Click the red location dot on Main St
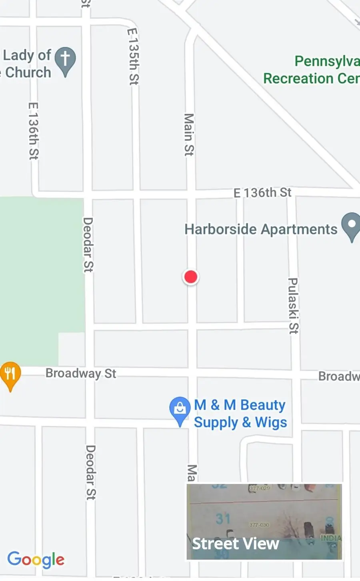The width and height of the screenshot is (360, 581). click(x=191, y=277)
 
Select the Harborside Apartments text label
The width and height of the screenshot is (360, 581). click(x=261, y=229)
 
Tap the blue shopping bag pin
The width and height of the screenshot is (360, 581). click(x=180, y=409)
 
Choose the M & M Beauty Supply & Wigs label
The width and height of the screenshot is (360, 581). click(x=240, y=414)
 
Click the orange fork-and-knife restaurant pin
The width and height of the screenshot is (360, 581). click(x=10, y=375)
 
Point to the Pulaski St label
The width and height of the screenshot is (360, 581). click(x=293, y=306)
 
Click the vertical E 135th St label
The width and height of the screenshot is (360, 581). click(x=133, y=56)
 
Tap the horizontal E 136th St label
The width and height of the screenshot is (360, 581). click(x=262, y=193)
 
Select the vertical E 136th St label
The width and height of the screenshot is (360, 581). click(x=34, y=131)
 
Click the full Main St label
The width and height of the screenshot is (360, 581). click(x=189, y=134)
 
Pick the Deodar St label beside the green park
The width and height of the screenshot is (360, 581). click(x=88, y=244)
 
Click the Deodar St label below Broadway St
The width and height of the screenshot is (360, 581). click(x=91, y=472)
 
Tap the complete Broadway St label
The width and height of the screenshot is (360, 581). click(x=81, y=373)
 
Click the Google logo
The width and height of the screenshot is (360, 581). click(x=36, y=559)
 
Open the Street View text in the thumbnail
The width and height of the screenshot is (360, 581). click(x=236, y=543)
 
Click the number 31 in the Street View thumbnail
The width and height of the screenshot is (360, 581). click(x=223, y=519)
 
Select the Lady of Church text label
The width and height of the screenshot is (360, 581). click(x=26, y=64)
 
